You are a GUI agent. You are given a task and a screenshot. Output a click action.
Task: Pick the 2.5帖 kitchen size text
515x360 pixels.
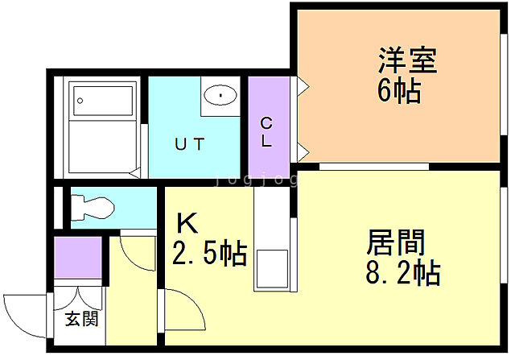(209, 254)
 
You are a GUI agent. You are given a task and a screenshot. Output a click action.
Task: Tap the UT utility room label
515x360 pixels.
(190, 145)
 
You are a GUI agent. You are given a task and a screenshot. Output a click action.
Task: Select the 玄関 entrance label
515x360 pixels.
(81, 318)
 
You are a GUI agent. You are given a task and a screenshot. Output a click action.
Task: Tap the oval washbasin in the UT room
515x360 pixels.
(218, 96)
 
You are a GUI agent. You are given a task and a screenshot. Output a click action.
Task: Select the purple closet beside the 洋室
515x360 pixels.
(265, 127)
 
